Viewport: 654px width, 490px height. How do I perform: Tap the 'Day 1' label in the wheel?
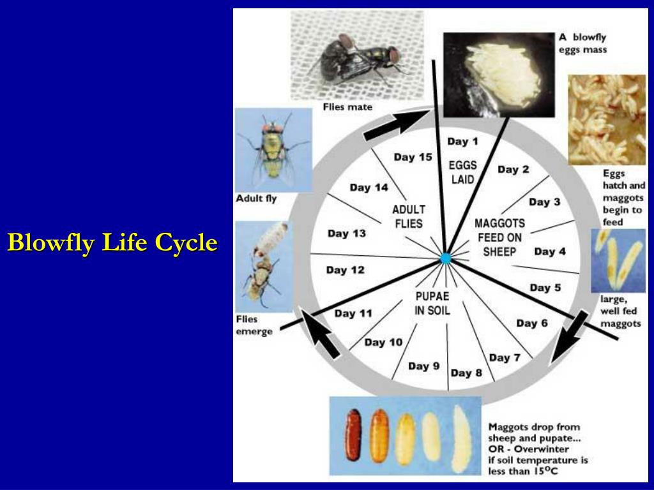(x=462, y=142)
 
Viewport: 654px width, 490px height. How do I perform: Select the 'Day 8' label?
(x=466, y=373)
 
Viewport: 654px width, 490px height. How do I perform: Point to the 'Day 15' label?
(x=413, y=157)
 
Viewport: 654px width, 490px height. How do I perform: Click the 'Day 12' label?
(x=346, y=270)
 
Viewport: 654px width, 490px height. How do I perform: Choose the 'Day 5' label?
(x=545, y=288)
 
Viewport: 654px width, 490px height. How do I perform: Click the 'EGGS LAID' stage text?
(x=462, y=172)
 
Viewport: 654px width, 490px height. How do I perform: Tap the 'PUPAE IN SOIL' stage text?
(x=432, y=303)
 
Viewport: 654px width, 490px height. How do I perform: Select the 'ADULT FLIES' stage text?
(x=409, y=217)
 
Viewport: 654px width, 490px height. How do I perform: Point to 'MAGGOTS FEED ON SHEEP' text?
(x=499, y=237)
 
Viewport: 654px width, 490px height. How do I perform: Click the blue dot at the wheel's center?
(x=445, y=258)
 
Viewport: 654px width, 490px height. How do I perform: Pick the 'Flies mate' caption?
(x=347, y=107)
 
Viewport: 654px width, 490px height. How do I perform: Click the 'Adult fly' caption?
(x=256, y=198)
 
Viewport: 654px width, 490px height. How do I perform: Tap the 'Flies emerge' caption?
(x=254, y=325)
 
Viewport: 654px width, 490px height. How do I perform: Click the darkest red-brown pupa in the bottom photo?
(x=353, y=435)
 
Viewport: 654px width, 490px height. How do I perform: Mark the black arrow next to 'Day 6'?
(x=569, y=336)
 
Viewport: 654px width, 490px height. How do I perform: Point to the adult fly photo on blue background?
(x=273, y=150)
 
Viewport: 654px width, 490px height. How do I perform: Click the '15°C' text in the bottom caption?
(x=543, y=471)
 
